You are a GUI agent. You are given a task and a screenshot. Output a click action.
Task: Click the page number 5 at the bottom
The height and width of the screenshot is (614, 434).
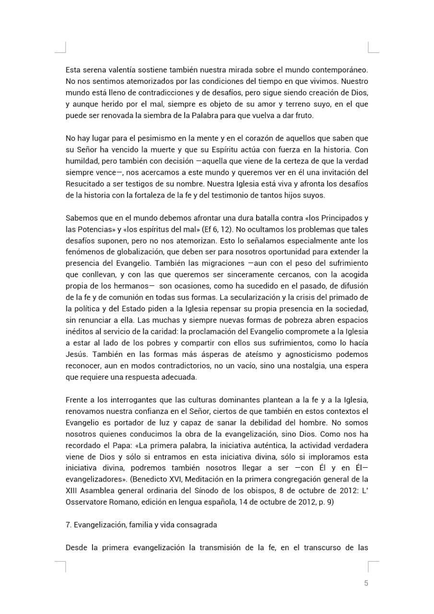pos(366,583)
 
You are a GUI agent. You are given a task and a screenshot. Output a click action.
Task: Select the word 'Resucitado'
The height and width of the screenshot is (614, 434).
pos(83,184)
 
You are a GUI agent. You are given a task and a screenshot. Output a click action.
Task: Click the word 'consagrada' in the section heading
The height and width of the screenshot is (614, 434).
pos(198,525)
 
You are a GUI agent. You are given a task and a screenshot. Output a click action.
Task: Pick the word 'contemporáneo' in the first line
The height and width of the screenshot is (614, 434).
pos(342,70)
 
